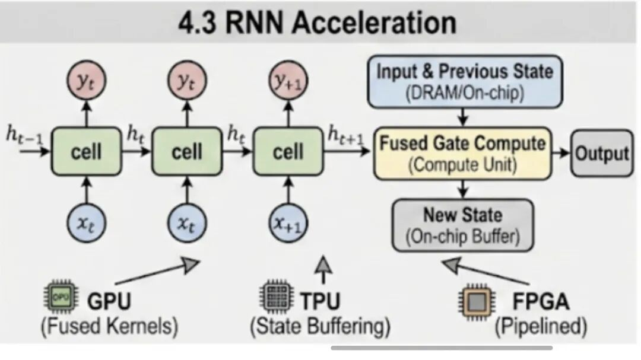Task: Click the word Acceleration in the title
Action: click(373, 22)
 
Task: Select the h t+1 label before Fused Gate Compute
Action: click(348, 136)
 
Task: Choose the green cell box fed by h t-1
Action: click(86, 152)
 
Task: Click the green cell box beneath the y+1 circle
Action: click(288, 152)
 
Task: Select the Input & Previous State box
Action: click(465, 81)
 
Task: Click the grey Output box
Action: click(601, 153)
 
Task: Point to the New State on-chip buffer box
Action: click(462, 225)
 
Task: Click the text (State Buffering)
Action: click(320, 326)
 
